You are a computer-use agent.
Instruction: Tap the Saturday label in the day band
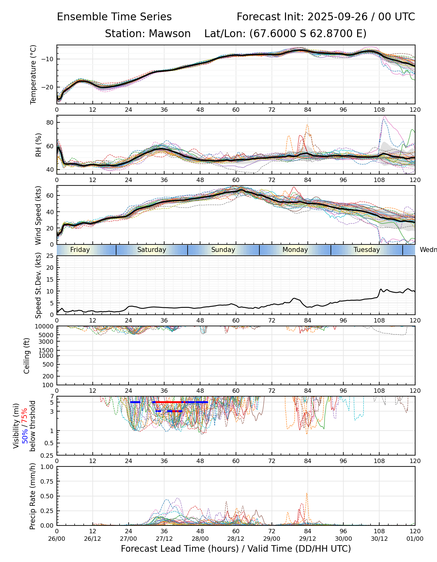152,250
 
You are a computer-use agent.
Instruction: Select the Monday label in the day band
295,250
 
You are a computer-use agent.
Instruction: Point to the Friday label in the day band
80,250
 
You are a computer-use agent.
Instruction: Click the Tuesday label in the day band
366,250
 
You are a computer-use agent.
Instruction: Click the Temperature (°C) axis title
33,74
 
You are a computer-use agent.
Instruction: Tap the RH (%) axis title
38,145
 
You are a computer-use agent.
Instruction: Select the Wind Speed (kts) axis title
38,215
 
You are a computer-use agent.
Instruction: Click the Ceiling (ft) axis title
27,356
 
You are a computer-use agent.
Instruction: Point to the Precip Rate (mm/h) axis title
32,496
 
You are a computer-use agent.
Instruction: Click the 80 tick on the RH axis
50,122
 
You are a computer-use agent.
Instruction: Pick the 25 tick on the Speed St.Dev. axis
50,256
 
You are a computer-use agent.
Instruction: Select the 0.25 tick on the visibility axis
48,455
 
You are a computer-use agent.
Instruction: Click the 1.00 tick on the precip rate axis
47,467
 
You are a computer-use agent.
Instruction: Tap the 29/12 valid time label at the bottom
307,539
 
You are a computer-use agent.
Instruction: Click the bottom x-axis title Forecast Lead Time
236,549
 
